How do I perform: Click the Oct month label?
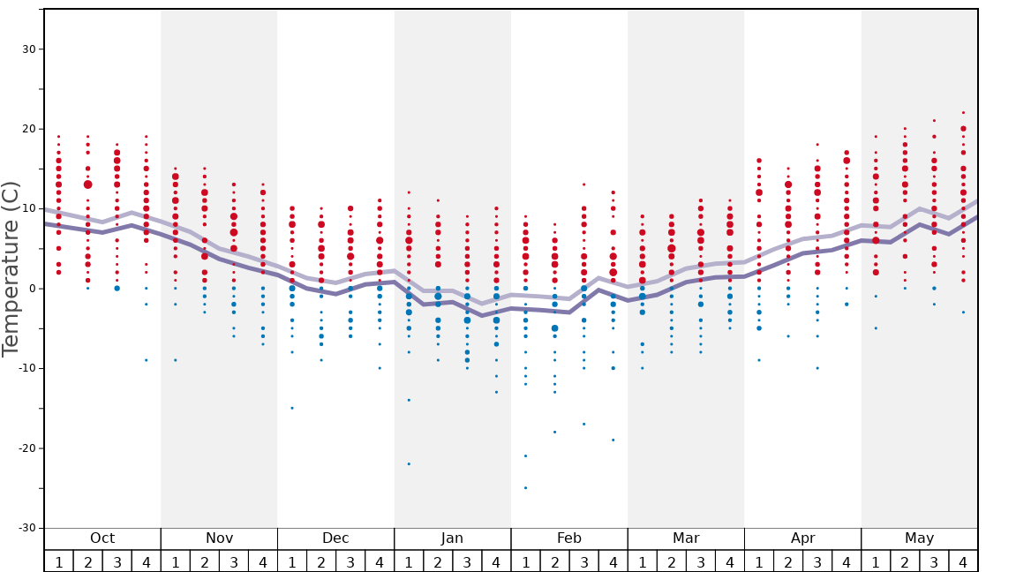tap(102, 538)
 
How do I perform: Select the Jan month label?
tap(452, 538)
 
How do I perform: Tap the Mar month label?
tap(686, 538)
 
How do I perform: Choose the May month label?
tap(919, 538)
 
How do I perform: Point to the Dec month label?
tap(335, 538)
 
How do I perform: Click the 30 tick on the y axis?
tap(28, 49)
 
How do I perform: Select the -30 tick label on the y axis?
tap(26, 528)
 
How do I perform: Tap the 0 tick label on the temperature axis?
tap(32, 289)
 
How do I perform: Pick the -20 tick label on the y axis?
tap(26, 448)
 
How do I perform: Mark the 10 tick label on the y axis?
tap(28, 209)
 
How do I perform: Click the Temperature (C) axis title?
tap(11, 268)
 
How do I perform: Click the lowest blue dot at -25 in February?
tap(525, 488)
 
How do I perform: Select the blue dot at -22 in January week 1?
tap(409, 464)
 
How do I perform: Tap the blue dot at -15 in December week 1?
tap(292, 408)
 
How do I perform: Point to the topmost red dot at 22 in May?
tap(963, 113)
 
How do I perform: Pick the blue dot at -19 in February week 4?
tap(613, 440)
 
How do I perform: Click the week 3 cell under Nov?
tap(234, 561)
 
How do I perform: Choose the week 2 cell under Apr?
tap(788, 561)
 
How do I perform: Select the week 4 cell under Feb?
tap(613, 561)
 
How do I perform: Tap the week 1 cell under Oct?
tap(59, 561)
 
